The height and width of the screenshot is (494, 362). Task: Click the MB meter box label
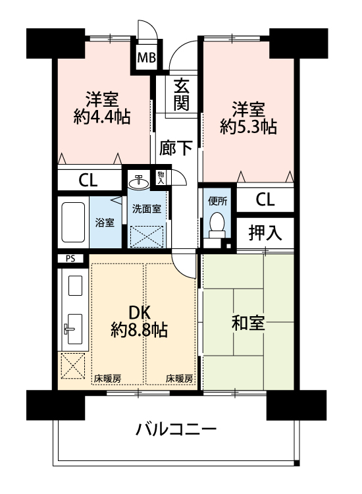coord(147,58)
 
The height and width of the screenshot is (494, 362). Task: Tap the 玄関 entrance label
coord(182,94)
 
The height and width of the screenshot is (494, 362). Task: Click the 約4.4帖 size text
coord(101,117)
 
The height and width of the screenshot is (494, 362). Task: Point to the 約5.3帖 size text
coord(248,127)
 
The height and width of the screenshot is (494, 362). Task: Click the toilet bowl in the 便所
coord(217,224)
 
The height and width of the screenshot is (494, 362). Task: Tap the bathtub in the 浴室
coord(73,222)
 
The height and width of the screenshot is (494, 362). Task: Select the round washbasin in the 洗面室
coord(139,182)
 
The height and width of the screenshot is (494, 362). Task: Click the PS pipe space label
coord(70,259)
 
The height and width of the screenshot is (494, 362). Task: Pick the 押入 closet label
coord(265,233)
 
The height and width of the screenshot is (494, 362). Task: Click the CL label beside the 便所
coord(265,200)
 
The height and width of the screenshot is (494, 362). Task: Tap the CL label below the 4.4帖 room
coord(88,180)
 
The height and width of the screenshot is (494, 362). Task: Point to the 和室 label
coord(248,323)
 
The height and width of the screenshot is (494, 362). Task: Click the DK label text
coord(139,312)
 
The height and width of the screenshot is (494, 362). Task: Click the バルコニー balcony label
coord(176,429)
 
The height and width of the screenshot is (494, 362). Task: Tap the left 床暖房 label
coord(108,378)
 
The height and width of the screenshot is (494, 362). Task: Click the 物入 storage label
coord(161,178)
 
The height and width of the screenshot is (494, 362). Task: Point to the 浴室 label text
coord(105,223)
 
